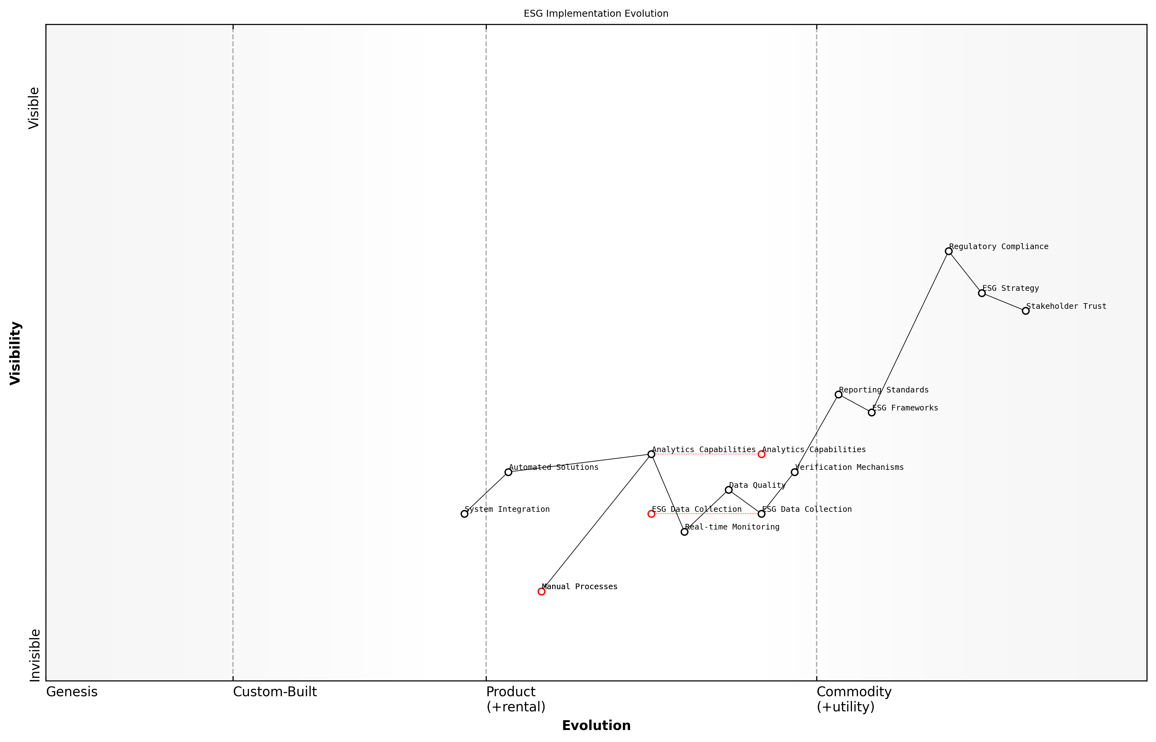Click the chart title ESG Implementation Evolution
point(596,14)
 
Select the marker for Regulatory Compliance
point(948,251)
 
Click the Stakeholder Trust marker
point(1025,311)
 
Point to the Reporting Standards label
point(883,390)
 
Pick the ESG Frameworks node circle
point(871,412)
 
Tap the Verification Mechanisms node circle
point(794,472)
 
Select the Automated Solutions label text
point(553,467)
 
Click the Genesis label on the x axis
point(72,692)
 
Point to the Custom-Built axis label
point(275,692)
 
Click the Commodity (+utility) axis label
point(854,699)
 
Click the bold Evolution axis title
point(596,726)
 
